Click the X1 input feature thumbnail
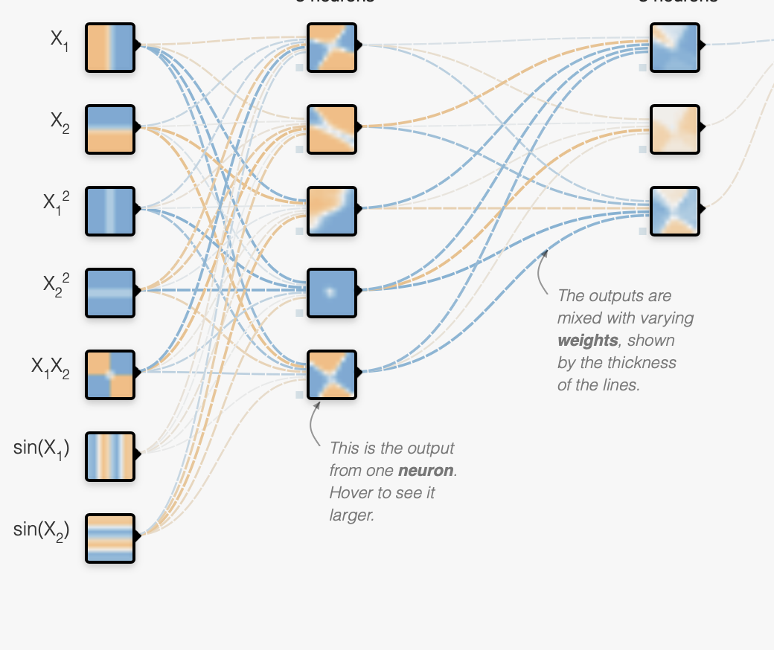pos(110,48)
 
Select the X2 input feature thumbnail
pos(110,129)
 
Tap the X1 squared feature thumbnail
pos(110,211)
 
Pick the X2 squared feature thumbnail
pos(110,293)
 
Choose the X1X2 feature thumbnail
pos(110,375)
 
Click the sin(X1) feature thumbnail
pos(110,457)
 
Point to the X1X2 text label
pos(51,367)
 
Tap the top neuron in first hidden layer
pos(333,48)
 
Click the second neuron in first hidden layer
pos(333,129)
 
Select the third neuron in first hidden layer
pos(333,211)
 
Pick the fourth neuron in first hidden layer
pos(333,293)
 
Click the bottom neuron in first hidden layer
pos(333,375)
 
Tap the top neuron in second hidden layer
pos(675,48)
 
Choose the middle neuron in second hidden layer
pos(675,129)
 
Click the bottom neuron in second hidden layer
pos(675,211)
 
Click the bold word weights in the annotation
pos(587,341)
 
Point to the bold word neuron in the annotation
pos(426,471)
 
